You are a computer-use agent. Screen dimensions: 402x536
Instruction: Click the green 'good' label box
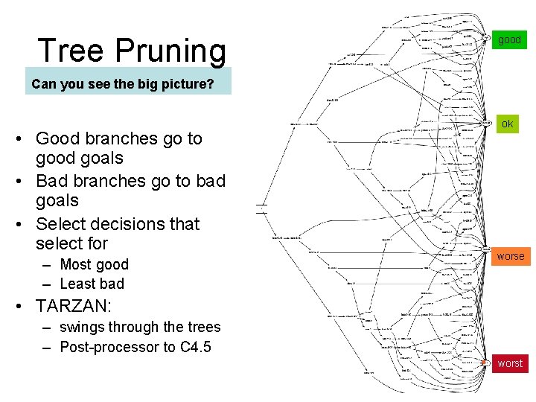click(x=510, y=39)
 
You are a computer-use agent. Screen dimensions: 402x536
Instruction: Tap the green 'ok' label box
click(x=507, y=124)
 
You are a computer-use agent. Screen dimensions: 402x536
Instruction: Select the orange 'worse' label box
click(x=511, y=256)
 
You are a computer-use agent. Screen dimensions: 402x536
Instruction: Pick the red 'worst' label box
click(x=510, y=363)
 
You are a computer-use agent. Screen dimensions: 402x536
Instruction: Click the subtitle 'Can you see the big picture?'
click(x=123, y=83)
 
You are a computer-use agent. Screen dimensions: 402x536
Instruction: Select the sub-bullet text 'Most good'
click(x=94, y=264)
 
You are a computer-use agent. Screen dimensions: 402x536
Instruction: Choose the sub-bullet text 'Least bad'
click(x=92, y=284)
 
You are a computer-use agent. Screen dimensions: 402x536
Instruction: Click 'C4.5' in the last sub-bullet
click(x=197, y=347)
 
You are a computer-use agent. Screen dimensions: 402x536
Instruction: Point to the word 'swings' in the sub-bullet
click(x=81, y=327)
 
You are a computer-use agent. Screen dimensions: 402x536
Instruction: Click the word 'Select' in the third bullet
click(x=62, y=224)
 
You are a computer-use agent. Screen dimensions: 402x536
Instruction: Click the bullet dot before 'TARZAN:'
click(x=25, y=306)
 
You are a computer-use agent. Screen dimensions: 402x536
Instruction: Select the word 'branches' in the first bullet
click(x=118, y=138)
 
